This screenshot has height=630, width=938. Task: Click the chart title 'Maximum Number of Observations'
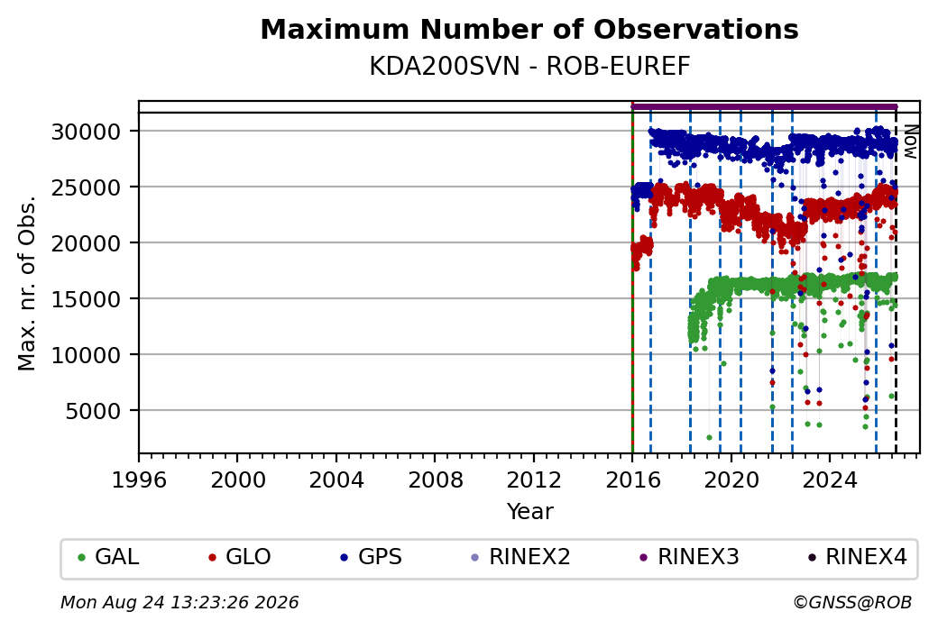[x=529, y=29]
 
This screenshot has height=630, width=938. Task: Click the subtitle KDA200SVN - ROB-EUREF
[x=529, y=67]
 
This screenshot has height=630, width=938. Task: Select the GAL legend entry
[x=108, y=557]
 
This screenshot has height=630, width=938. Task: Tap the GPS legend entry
[x=371, y=557]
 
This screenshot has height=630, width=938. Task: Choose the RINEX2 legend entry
[x=520, y=557]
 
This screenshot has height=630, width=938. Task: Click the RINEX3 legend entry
[x=689, y=557]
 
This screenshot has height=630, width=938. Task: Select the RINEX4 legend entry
[x=857, y=557]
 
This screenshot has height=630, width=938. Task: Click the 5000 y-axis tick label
[x=93, y=411]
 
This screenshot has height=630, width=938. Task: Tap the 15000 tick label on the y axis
[x=87, y=299]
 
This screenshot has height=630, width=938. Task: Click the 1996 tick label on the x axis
[x=139, y=480]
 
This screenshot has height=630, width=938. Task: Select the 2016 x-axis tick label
[x=632, y=480]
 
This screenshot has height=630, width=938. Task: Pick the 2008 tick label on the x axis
[x=435, y=480]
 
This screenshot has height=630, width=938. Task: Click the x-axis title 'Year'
[x=529, y=512]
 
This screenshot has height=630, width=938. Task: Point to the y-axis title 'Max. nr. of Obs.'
[x=27, y=283]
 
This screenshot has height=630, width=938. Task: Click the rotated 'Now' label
[x=910, y=142]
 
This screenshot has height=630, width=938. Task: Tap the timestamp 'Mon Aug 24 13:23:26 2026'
[x=179, y=602]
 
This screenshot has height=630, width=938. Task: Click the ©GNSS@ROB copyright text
[x=852, y=602]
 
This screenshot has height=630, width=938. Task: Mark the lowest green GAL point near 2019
[x=709, y=437]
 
